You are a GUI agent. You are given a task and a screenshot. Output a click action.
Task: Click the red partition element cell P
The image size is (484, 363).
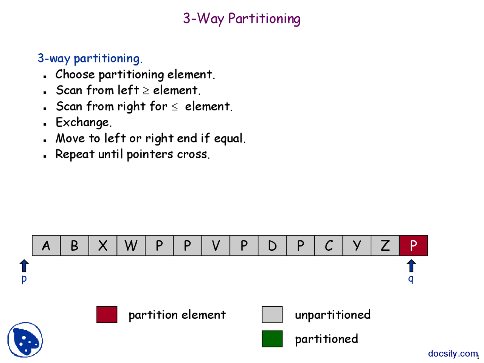pyautogui.click(x=413, y=245)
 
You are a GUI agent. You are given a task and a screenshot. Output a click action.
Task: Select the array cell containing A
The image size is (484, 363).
pyautogui.click(x=46, y=245)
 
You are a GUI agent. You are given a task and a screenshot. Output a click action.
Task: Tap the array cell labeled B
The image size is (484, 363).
pyautogui.click(x=74, y=245)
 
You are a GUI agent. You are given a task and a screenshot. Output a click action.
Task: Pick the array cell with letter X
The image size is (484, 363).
pyautogui.click(x=102, y=245)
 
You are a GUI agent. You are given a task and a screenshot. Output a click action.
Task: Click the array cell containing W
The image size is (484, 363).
pyautogui.click(x=131, y=245)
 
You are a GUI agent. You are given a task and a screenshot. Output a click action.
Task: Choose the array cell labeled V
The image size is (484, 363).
pyautogui.click(x=216, y=245)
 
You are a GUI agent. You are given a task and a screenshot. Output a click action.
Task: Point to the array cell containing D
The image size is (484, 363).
pyautogui.click(x=272, y=245)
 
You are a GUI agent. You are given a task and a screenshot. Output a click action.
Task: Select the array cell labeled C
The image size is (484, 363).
pyautogui.click(x=329, y=245)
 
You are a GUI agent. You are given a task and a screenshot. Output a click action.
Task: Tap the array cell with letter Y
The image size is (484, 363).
pyautogui.click(x=357, y=245)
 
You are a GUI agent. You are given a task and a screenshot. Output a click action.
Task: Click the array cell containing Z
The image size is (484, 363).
pyautogui.click(x=385, y=245)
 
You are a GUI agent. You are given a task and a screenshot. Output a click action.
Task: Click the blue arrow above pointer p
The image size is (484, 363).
pyautogui.click(x=24, y=266)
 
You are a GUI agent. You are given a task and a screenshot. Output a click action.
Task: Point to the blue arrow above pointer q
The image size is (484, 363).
pyautogui.click(x=411, y=266)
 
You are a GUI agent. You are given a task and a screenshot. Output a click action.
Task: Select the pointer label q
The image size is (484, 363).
pyautogui.click(x=411, y=279)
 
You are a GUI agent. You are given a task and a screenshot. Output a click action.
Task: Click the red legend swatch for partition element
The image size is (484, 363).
pyautogui.click(x=107, y=315)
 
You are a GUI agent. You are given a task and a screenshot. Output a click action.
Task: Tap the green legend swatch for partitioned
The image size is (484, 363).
pyautogui.click(x=272, y=338)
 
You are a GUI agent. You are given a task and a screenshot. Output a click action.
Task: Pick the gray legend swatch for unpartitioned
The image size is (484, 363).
pyautogui.click(x=272, y=315)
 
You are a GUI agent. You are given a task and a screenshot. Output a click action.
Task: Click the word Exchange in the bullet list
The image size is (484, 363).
pyautogui.click(x=82, y=123)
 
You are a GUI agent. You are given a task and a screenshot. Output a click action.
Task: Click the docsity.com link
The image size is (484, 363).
pyautogui.click(x=453, y=354)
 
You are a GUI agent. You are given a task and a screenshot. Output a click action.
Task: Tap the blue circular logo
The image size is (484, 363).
pyautogui.click(x=25, y=340)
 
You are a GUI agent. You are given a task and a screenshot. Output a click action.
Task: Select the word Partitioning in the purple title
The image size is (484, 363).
pyautogui.click(x=264, y=19)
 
